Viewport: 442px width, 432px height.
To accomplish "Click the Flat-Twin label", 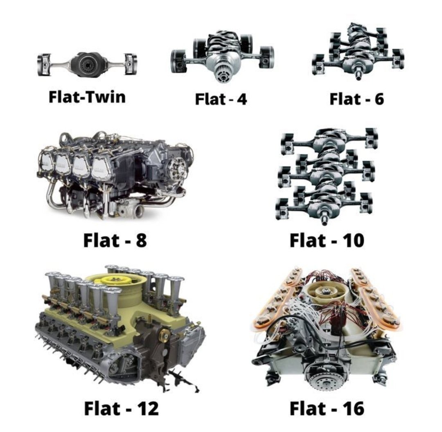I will click(x=87, y=97).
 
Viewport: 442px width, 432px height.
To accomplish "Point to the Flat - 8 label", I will click(x=115, y=240).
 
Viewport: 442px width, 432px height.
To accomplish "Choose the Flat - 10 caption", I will click(x=327, y=240).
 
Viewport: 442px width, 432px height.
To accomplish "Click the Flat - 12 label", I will click(x=121, y=408).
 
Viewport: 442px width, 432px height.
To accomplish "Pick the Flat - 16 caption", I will click(x=327, y=408).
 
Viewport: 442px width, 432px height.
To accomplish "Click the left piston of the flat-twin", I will click(x=44, y=64).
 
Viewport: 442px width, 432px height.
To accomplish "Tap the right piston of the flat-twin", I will click(x=131, y=64).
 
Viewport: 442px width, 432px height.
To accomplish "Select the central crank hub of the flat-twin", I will click(x=88, y=64).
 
